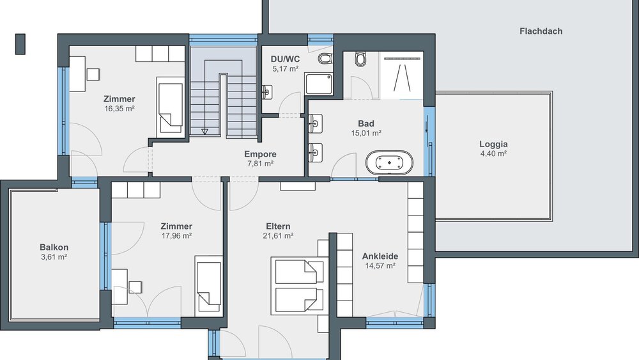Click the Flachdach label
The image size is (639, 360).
click(541, 31)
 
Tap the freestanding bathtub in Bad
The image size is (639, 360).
click(389, 163)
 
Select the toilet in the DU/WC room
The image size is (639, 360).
click(326, 59)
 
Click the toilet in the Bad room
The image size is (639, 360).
click(360, 59)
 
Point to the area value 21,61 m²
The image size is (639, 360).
click(279, 236)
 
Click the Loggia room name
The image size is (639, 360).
click(493, 144)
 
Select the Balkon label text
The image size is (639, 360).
click(54, 247)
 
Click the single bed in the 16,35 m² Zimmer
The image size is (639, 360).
click(170, 106)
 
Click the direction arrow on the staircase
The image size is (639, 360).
click(205, 132)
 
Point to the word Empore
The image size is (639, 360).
click(260, 154)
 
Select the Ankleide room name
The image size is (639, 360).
click(380, 256)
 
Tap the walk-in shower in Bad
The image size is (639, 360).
click(403, 75)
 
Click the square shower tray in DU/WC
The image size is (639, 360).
click(318, 84)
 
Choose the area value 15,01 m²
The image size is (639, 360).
click(366, 133)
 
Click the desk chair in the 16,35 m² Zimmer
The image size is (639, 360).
click(93, 74)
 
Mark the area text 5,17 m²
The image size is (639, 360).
click(286, 68)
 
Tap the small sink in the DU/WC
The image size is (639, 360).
click(267, 93)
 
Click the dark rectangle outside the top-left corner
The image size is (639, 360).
click(20, 43)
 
